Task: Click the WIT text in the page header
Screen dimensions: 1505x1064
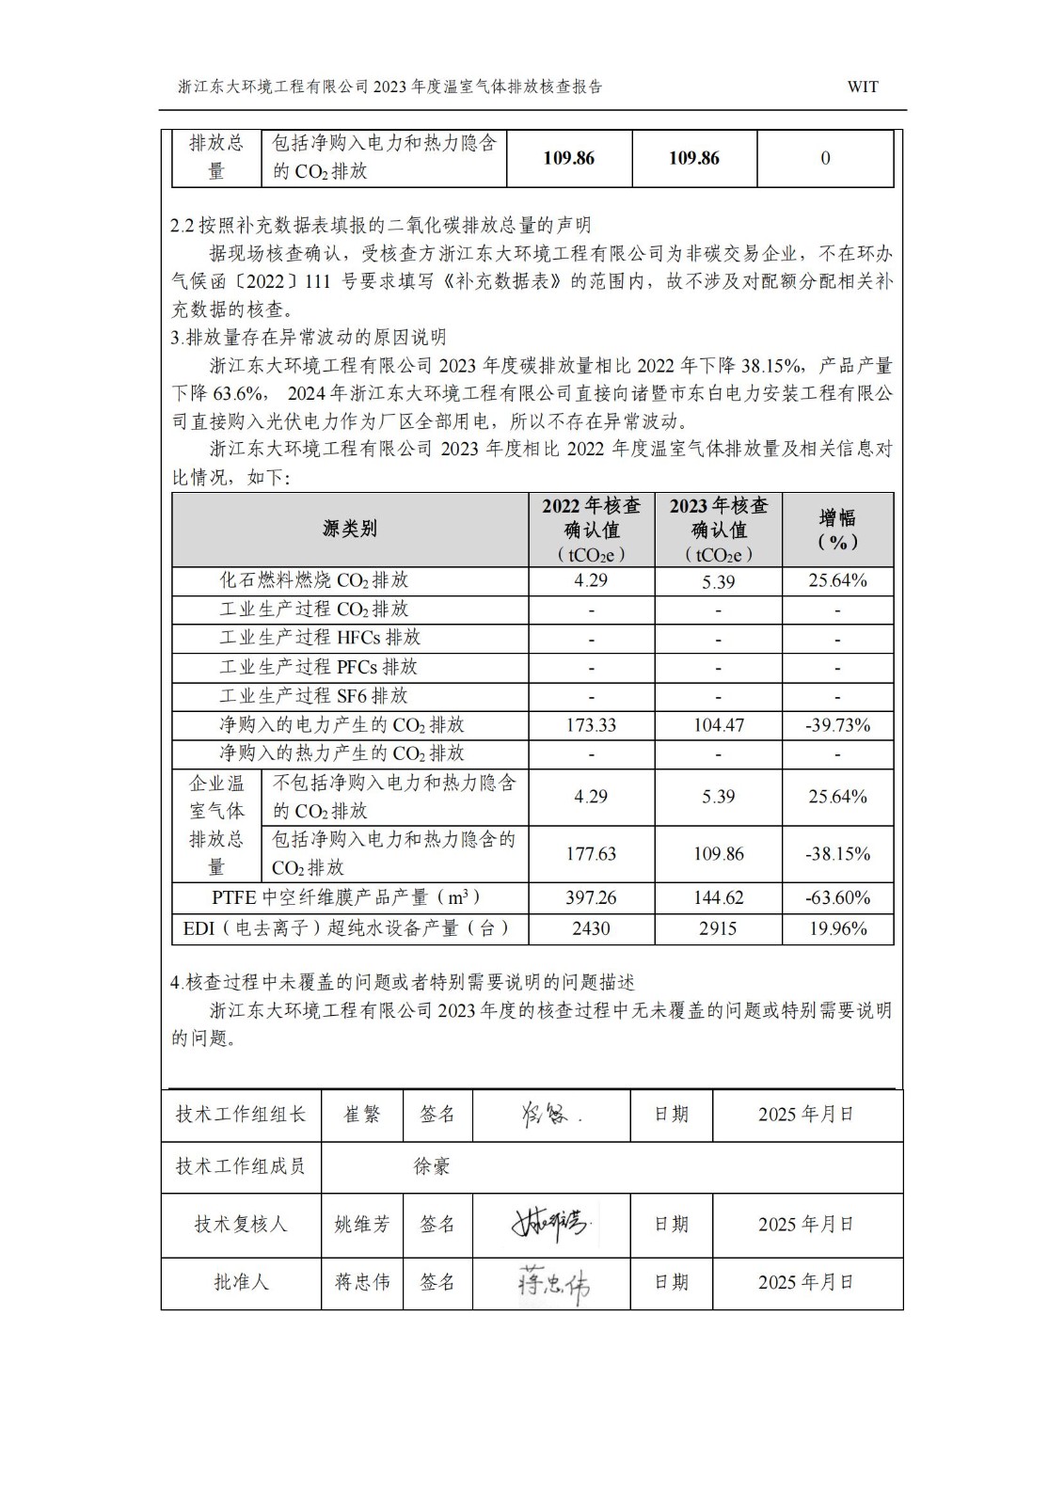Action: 862,87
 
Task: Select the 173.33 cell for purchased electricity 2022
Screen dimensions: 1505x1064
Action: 591,725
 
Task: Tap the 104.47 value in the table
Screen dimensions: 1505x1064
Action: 719,725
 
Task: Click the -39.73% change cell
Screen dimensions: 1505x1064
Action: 837,725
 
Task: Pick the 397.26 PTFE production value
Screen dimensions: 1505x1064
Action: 591,898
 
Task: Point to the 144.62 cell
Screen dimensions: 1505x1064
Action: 719,898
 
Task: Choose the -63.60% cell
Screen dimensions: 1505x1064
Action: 837,898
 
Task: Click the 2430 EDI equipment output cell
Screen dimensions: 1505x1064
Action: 591,928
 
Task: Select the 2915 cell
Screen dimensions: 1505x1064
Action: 719,928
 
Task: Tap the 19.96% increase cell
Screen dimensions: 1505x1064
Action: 837,928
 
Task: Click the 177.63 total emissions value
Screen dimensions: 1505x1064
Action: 591,854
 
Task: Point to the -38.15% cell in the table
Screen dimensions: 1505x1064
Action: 837,854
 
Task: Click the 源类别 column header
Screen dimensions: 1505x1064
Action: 350,529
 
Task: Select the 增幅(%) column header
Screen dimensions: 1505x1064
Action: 837,530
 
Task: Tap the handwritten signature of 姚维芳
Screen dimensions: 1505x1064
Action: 549,1224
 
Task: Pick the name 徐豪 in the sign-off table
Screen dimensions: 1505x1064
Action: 432,1167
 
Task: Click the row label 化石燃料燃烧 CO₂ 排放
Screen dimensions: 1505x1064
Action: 314,580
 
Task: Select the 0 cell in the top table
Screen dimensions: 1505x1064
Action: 825,158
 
